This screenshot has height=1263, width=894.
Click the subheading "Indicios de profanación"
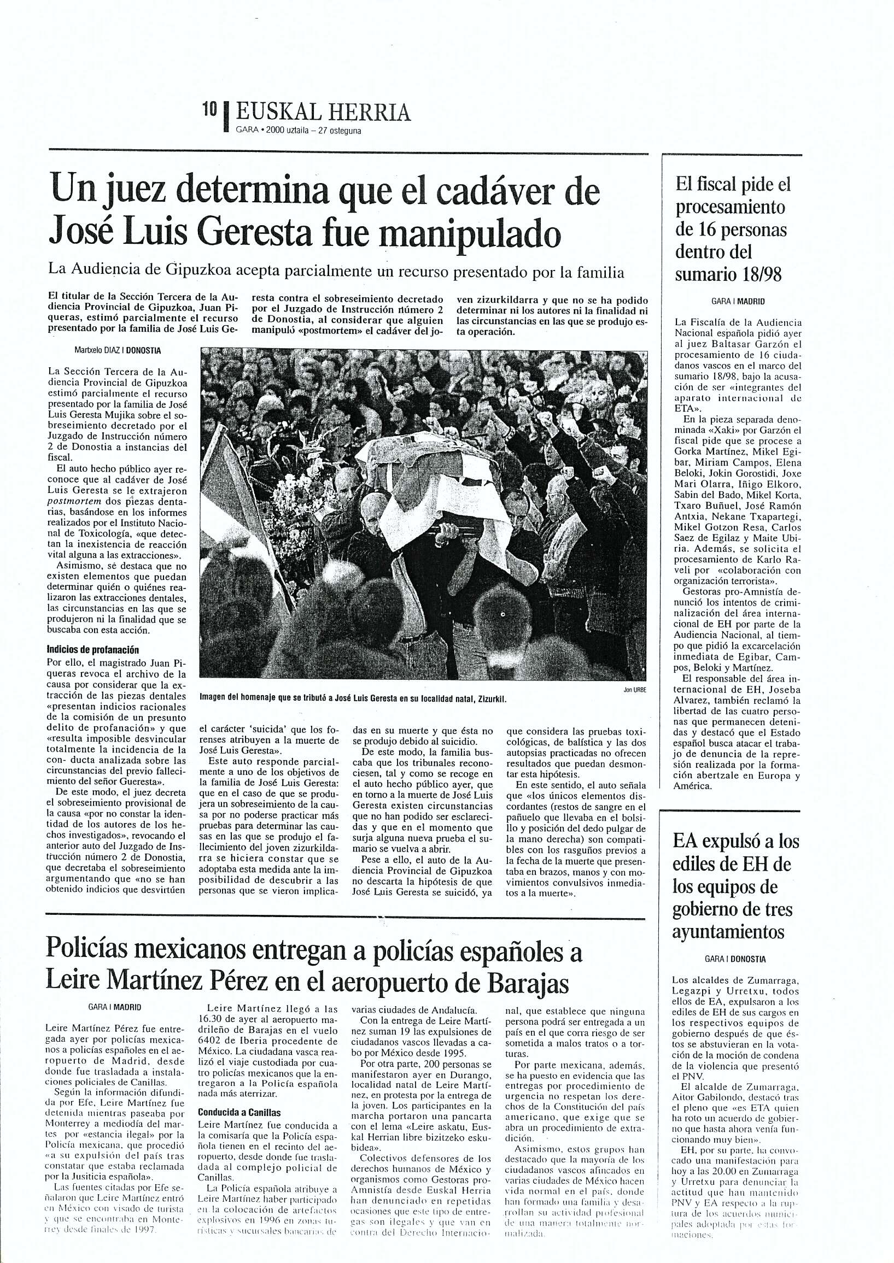point(93,649)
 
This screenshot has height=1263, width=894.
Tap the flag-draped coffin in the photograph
point(435,473)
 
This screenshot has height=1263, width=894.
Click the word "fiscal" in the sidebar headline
point(717,185)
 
